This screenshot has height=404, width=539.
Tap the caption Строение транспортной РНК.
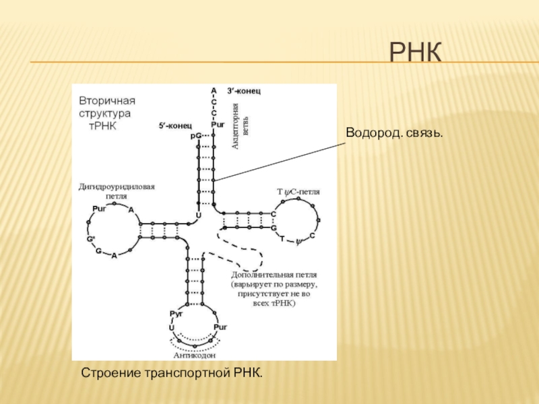click(x=171, y=372)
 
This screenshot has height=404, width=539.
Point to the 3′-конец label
click(x=243, y=90)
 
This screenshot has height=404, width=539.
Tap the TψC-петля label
click(x=298, y=192)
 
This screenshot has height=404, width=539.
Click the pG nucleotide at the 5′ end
click(x=196, y=135)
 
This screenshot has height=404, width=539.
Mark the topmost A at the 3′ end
click(x=214, y=90)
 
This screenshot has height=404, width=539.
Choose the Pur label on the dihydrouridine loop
click(x=100, y=208)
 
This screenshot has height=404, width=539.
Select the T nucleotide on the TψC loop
click(x=282, y=238)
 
